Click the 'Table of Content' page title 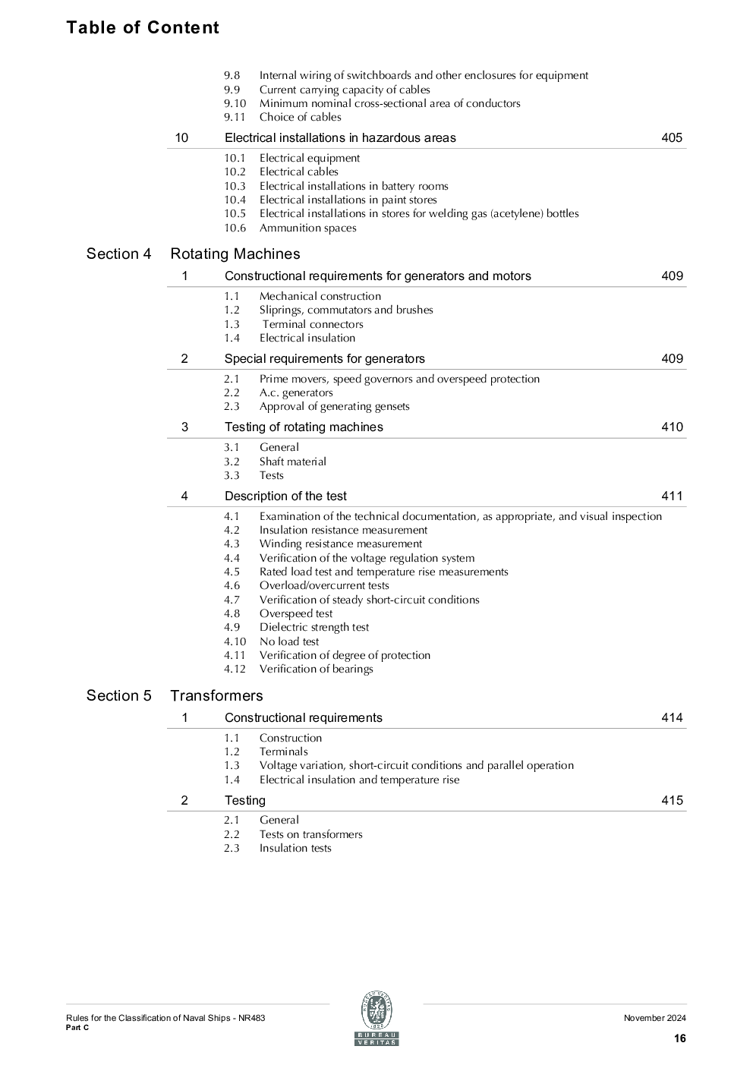[x=142, y=27]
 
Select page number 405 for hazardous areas [x=671, y=137]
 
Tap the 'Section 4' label [x=118, y=254]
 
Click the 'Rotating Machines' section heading [x=235, y=254]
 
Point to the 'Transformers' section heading [x=216, y=695]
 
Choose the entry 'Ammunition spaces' [x=307, y=228]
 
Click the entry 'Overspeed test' [x=295, y=613]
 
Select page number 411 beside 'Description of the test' [x=671, y=496]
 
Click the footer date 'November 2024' [x=654, y=1018]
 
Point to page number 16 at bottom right [x=679, y=1038]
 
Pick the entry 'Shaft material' [x=292, y=462]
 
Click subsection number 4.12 [x=235, y=669]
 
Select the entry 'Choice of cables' [x=300, y=117]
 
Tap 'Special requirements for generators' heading [x=324, y=358]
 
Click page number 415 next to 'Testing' [x=671, y=800]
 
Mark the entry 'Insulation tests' [x=295, y=848]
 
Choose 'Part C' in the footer [x=77, y=1027]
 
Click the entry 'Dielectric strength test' [x=313, y=627]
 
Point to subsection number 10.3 [x=235, y=186]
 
